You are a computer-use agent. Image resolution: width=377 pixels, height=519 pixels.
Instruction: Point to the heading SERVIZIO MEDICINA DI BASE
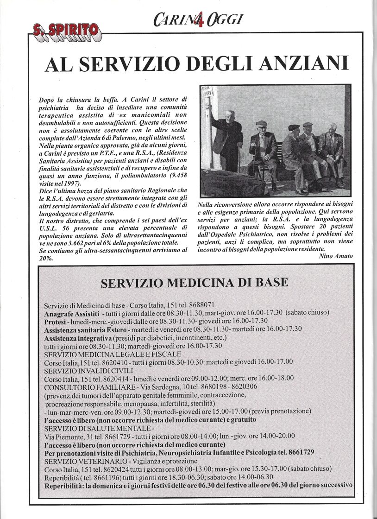pos(195,282)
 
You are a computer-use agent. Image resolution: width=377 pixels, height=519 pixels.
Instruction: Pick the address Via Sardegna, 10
pos(160,386)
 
